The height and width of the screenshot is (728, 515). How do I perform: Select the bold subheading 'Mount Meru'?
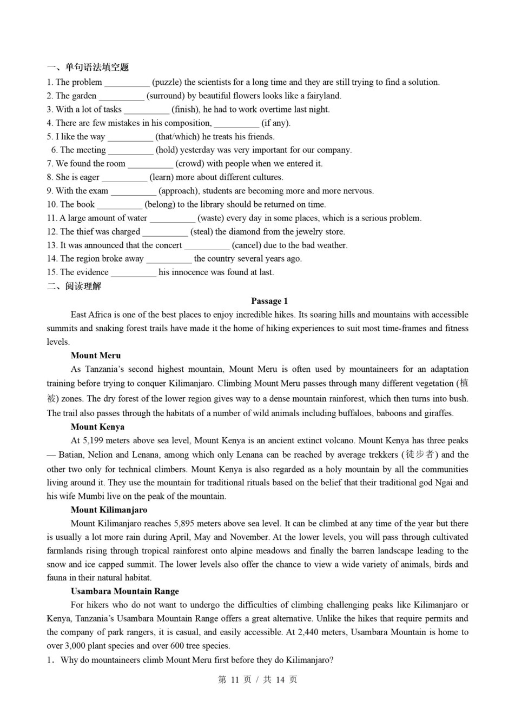tap(96, 356)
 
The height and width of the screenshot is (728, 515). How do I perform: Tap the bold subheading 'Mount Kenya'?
tap(97, 427)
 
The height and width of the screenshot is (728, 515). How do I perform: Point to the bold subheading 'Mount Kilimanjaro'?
tap(109, 510)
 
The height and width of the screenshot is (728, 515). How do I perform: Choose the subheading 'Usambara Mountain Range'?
tap(124, 591)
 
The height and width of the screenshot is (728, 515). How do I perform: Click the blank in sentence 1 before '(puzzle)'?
tap(127, 83)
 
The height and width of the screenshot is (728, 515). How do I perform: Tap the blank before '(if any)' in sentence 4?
tap(236, 124)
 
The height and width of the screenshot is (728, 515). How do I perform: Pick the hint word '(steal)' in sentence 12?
tap(202, 232)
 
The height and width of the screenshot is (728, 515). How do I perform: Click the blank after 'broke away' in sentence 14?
tap(168, 259)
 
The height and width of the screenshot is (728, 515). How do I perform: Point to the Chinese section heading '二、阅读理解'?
tap(74, 286)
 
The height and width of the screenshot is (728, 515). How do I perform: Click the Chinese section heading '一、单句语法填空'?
tap(88, 68)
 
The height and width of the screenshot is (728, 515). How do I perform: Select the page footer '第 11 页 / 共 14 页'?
tap(257, 679)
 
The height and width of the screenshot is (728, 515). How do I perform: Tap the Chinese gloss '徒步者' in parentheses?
tap(420, 455)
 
